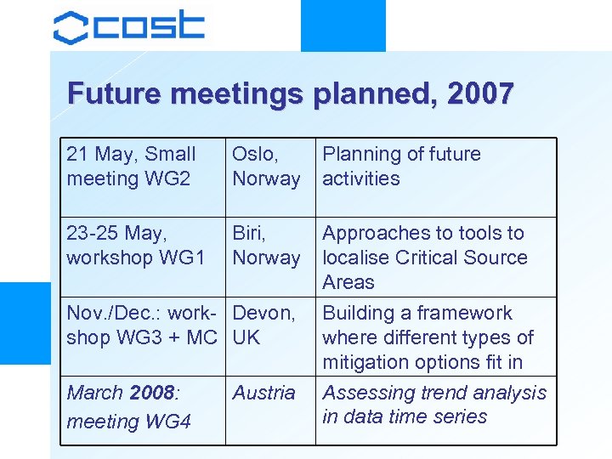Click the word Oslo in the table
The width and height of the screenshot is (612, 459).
click(254, 155)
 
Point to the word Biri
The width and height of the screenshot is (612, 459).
click(249, 233)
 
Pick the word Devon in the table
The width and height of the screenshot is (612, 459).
click(263, 313)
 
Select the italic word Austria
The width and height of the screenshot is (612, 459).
click(263, 393)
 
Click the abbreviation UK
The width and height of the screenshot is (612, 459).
click(246, 337)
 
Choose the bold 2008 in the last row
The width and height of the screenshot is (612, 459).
click(150, 393)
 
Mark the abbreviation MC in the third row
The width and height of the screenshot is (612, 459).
click(202, 337)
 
